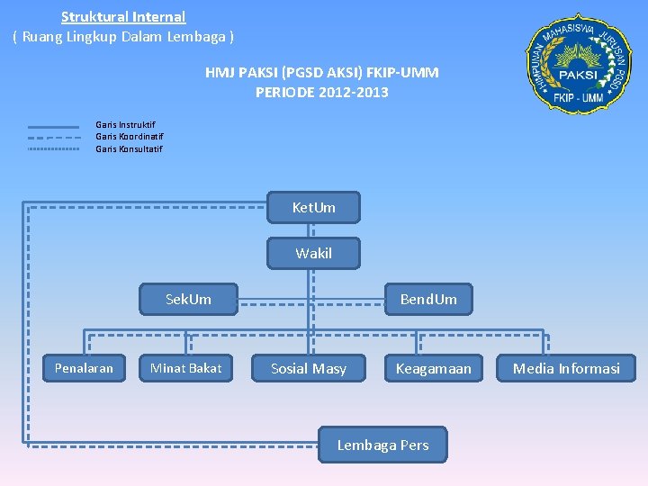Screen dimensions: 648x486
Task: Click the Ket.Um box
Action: tap(313, 208)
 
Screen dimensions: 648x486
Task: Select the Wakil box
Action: tap(313, 254)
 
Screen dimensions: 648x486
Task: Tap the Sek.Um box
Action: tap(188, 299)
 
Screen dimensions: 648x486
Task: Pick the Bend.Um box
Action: tap(428, 299)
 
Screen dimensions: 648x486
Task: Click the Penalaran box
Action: tap(84, 368)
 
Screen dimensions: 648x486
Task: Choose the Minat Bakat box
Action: tap(185, 368)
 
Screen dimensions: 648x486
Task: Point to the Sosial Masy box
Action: tap(309, 368)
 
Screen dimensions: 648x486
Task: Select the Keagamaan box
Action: tap(433, 368)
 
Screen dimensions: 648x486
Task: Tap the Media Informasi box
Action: tap(566, 368)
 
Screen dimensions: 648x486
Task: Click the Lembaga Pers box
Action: tap(382, 445)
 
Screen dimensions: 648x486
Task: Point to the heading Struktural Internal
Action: tap(123, 16)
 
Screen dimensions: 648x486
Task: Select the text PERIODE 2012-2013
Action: tap(321, 92)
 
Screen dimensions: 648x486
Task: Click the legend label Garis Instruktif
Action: tap(125, 125)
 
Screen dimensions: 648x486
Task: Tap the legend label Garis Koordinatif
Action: tap(130, 137)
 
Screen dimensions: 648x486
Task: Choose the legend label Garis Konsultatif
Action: tap(130, 148)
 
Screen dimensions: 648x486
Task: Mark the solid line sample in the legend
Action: tap(53, 126)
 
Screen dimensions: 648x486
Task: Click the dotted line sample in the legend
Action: tap(53, 148)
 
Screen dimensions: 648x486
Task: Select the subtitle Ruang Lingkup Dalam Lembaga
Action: tap(123, 37)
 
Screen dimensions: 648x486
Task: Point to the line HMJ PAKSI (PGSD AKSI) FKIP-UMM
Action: tap(321, 72)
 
